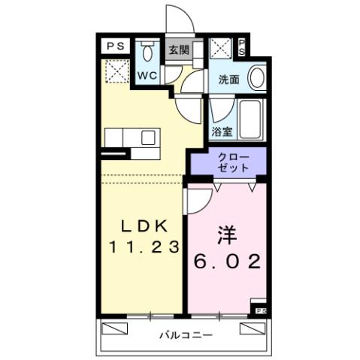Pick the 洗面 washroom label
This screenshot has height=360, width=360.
[228, 78]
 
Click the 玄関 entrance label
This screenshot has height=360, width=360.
[178, 50]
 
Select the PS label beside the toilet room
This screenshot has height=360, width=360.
[116, 46]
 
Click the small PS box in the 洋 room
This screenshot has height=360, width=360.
[260, 309]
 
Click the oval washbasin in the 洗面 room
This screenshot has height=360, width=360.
[256, 78]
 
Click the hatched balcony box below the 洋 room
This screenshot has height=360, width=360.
[253, 328]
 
